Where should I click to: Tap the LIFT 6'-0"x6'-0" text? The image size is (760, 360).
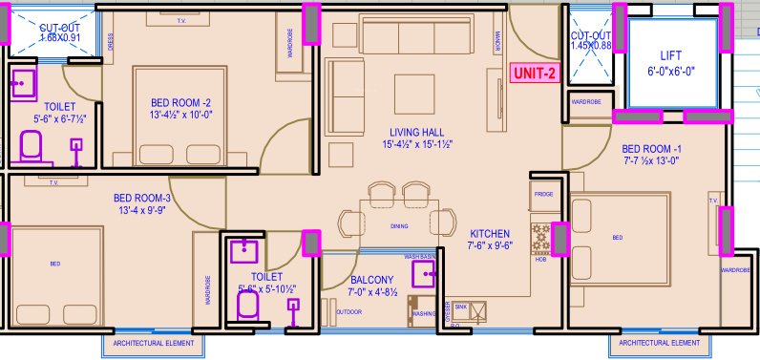(x=672, y=62)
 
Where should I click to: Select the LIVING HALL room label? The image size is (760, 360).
(x=418, y=138)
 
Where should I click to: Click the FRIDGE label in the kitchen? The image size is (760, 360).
(x=543, y=194)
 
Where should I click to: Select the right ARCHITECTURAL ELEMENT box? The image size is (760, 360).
(x=660, y=342)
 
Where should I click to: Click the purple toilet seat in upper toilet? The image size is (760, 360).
(x=31, y=146)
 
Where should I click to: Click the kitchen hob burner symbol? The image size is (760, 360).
(x=541, y=238)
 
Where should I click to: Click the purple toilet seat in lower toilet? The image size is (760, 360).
(x=247, y=304)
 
